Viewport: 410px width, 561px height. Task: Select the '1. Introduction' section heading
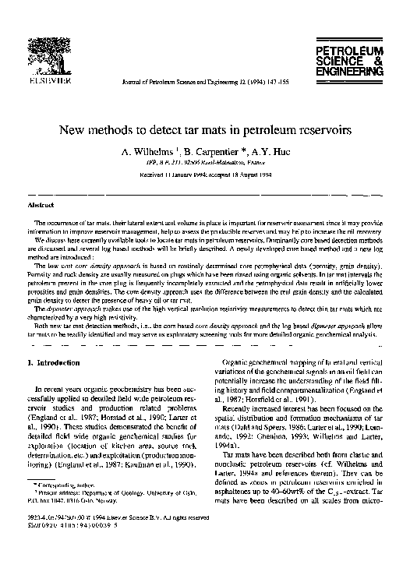coord(53,362)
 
